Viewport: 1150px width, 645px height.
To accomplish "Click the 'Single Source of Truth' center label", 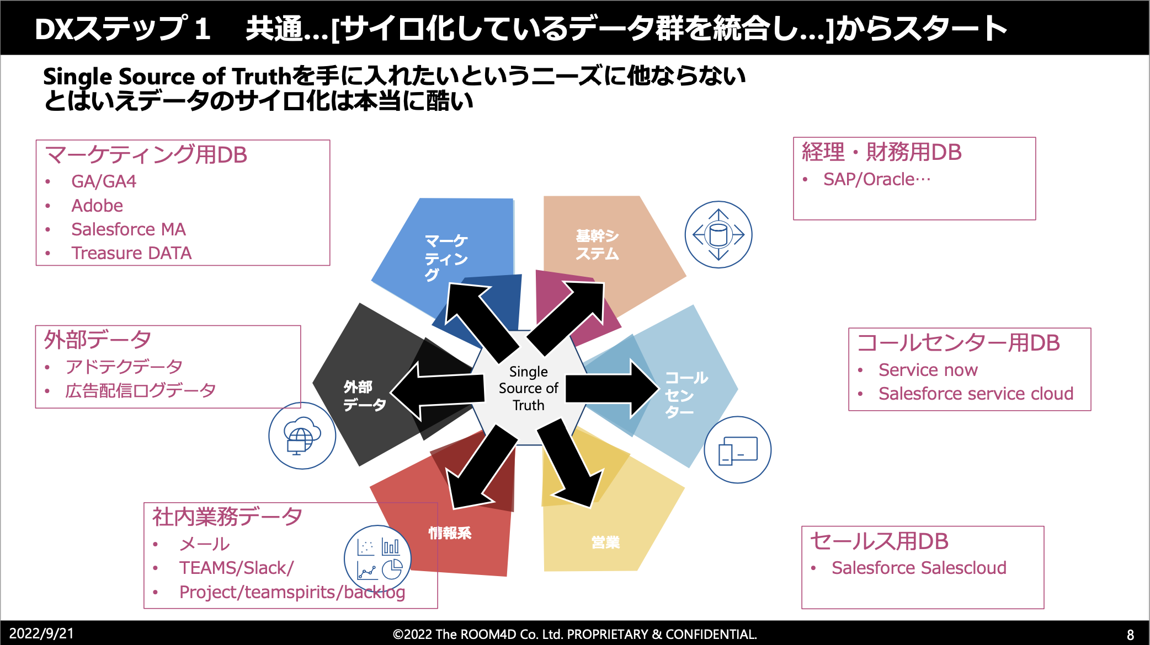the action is point(528,388).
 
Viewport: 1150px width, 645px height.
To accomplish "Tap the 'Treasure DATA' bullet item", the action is point(131,253).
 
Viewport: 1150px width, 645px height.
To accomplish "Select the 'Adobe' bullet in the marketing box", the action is point(97,206).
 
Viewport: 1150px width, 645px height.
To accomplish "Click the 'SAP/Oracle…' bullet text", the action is point(876,180).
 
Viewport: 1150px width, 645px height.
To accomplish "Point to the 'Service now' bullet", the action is point(928,370).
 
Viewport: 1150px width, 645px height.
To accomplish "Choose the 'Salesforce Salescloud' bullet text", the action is point(919,568).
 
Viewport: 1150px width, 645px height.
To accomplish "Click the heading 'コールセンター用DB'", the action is point(958,343).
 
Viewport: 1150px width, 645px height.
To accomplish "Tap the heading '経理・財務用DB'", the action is point(881,152).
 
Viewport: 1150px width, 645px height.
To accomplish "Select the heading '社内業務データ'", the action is point(227,517).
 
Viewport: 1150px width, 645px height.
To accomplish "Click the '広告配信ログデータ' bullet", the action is point(140,391).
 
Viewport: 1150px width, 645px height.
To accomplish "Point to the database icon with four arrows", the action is point(718,235).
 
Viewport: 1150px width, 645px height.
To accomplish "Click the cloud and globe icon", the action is point(301,436).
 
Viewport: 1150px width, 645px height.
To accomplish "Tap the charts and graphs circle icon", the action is point(378,559).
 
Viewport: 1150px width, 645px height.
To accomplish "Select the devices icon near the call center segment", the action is point(737,450).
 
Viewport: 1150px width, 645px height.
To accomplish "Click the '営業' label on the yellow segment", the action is point(605,542).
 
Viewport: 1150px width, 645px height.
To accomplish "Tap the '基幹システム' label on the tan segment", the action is point(597,244).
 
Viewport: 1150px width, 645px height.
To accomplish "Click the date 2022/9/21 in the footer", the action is point(41,633).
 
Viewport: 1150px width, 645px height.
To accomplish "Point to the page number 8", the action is point(1130,635).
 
